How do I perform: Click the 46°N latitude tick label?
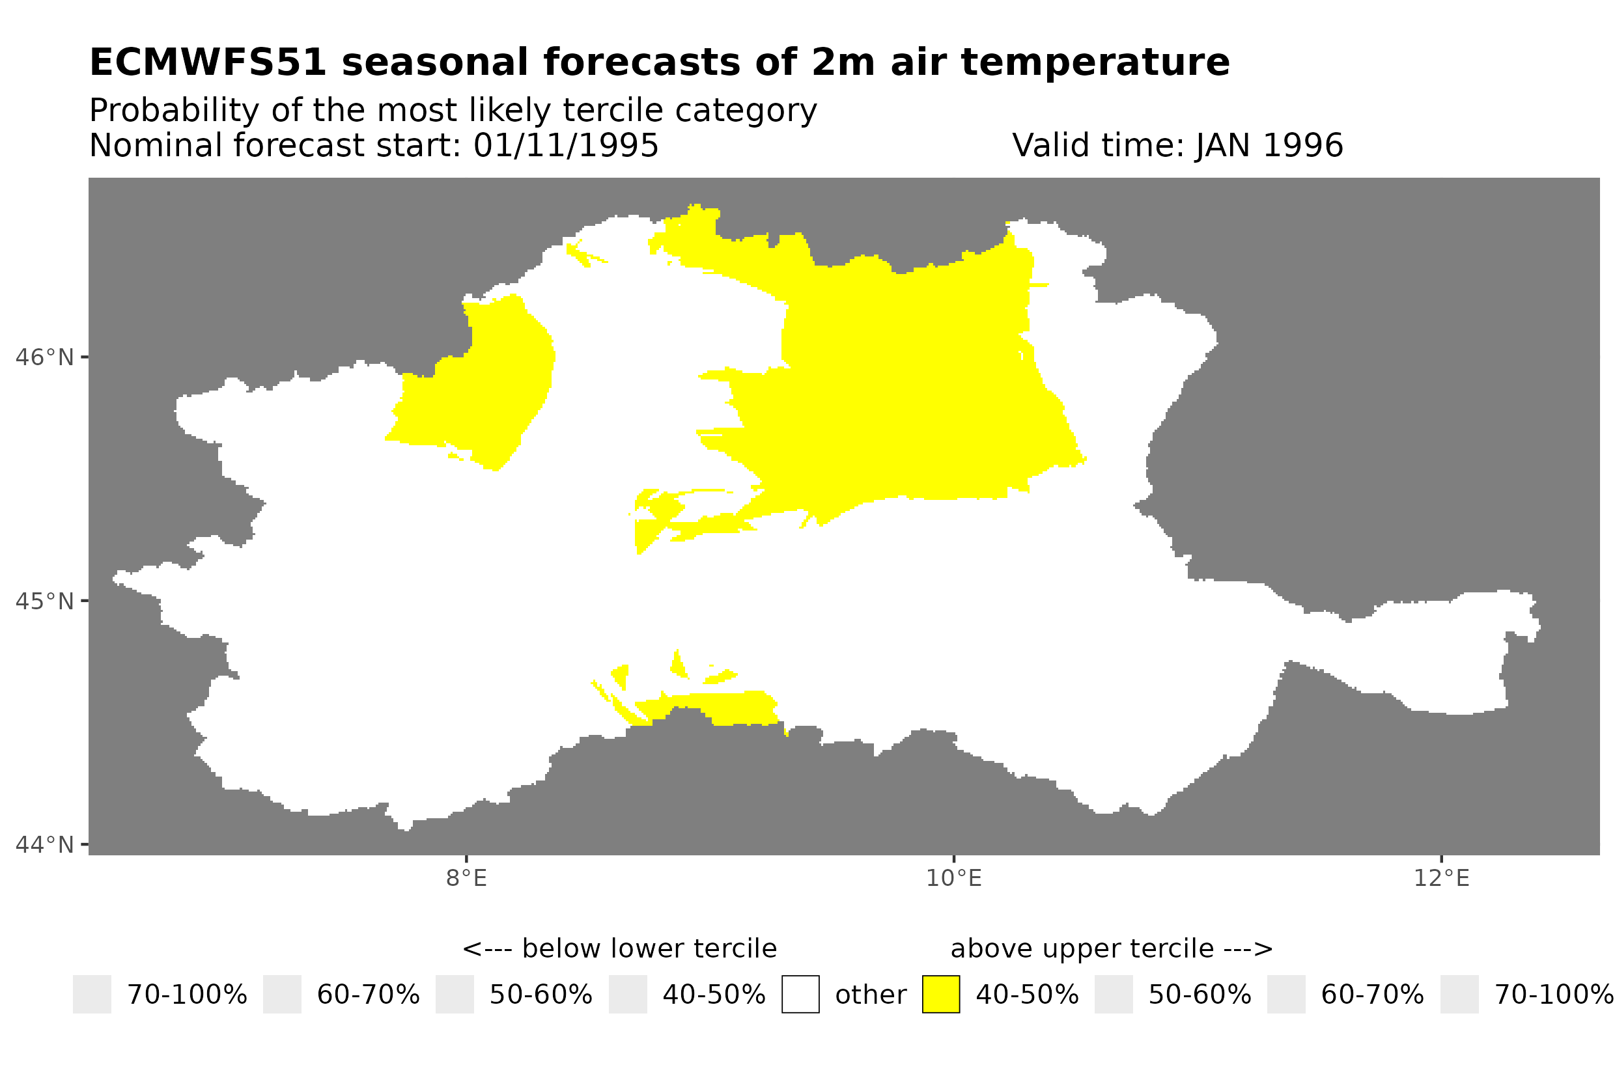[x=44, y=357]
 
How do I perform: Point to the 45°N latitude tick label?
[x=44, y=601]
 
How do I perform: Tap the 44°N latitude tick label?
[x=44, y=845]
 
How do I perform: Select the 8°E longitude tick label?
[x=466, y=878]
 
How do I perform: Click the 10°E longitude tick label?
[x=953, y=878]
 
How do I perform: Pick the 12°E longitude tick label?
[x=1440, y=878]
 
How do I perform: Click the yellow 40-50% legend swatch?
[x=940, y=995]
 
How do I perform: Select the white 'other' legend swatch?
[x=800, y=995]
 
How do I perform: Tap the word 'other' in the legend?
[x=870, y=995]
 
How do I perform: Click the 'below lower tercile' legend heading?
[x=619, y=949]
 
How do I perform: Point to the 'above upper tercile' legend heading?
[x=1111, y=949]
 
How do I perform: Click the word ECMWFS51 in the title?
[x=207, y=62]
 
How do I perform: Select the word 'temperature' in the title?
[x=1094, y=62]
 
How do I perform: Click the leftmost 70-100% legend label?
[x=187, y=995]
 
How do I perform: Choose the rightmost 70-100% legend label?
[x=1553, y=995]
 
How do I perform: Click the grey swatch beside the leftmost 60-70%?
[x=282, y=995]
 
